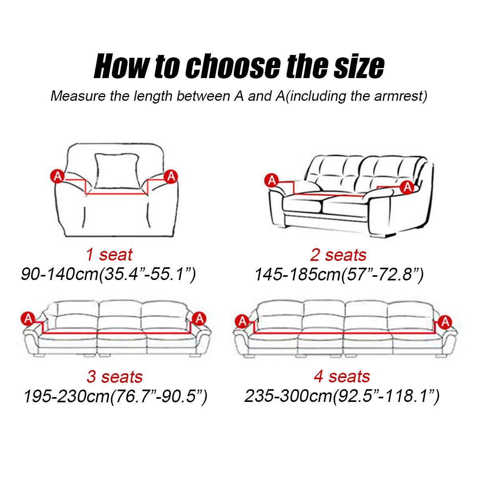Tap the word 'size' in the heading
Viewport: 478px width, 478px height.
(x=358, y=66)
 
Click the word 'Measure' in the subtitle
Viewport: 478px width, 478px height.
(x=78, y=96)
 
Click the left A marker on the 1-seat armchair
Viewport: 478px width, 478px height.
(x=57, y=176)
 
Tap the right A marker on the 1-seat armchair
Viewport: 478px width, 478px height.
(x=171, y=176)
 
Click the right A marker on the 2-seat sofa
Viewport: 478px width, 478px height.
(x=407, y=187)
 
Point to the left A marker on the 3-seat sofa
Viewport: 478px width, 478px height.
(x=28, y=318)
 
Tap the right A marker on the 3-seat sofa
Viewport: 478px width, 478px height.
(x=199, y=318)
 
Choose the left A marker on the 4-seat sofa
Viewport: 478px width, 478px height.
(x=242, y=321)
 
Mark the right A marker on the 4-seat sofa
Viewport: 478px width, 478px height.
(x=445, y=322)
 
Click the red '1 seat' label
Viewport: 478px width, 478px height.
(x=109, y=255)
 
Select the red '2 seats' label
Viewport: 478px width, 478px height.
(x=338, y=255)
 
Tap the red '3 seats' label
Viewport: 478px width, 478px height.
(x=115, y=377)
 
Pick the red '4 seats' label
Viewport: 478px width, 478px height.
(x=342, y=376)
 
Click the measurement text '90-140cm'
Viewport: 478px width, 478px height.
(x=60, y=274)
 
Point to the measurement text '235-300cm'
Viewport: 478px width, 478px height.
(x=288, y=396)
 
